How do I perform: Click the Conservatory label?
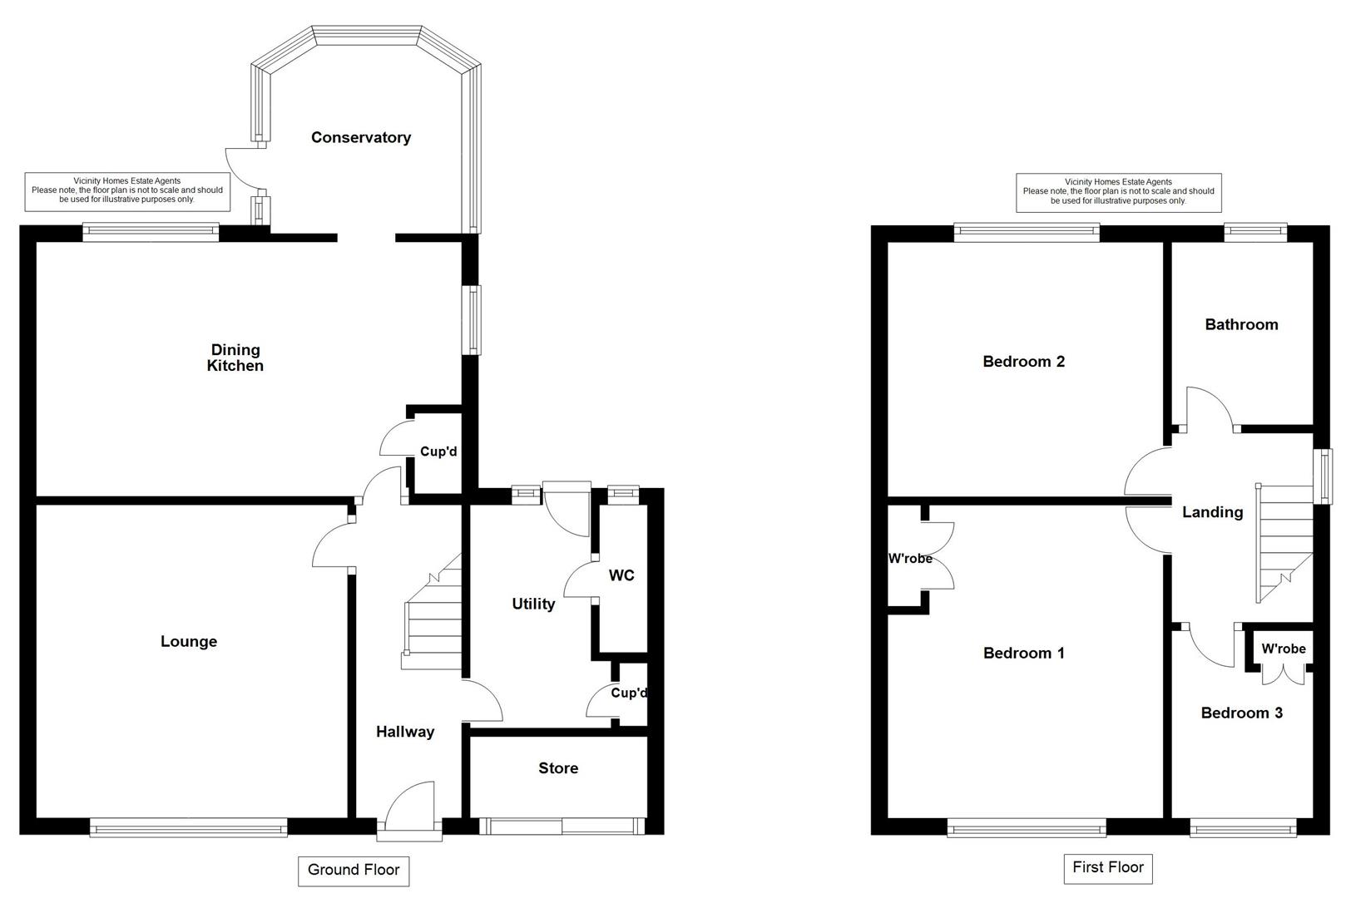(x=360, y=137)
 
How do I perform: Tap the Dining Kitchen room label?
(x=235, y=358)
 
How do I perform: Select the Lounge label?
(x=189, y=641)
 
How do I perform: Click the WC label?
(x=621, y=575)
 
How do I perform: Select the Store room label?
(x=558, y=768)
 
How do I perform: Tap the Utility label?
(x=533, y=604)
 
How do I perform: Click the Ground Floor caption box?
(x=354, y=870)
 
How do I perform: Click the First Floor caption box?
(x=1107, y=867)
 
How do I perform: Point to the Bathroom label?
(x=1241, y=324)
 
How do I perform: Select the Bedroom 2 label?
(x=1023, y=361)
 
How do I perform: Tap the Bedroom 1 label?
(x=1023, y=653)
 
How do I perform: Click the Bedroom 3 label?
(x=1241, y=713)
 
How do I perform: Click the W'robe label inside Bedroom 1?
(x=910, y=559)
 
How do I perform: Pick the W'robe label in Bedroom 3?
(x=1283, y=649)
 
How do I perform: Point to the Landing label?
(x=1212, y=512)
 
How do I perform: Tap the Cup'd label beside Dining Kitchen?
(x=438, y=451)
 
